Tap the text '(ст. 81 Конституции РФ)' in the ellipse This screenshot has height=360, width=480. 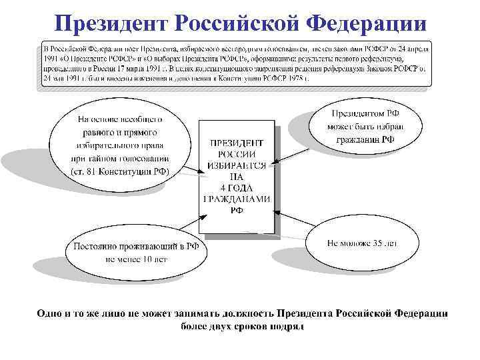[x=120, y=171]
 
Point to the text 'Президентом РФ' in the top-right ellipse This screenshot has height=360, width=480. [x=363, y=114]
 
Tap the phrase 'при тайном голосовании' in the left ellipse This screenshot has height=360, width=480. [x=120, y=159]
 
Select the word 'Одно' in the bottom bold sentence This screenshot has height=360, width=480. [x=51, y=313]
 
